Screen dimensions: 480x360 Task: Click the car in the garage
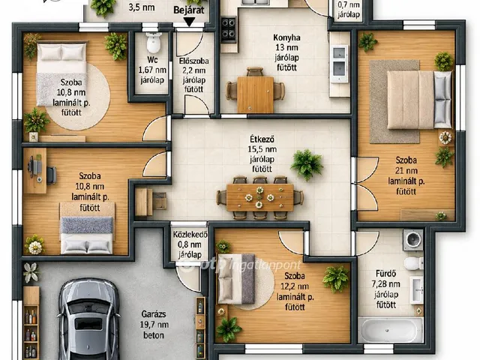click(88, 320)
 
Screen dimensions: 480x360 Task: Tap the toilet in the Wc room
click(154, 43)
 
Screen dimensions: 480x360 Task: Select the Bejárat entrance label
click(188, 10)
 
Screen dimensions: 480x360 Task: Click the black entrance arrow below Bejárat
click(190, 22)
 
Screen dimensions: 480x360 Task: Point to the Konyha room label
click(286, 37)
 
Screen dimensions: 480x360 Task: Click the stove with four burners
click(229, 30)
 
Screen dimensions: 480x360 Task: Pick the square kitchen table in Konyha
click(255, 94)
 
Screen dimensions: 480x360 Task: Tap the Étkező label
click(262, 139)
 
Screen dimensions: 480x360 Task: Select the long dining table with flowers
click(260, 197)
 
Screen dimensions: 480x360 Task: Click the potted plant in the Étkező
click(307, 164)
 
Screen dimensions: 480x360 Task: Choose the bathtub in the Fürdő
click(391, 330)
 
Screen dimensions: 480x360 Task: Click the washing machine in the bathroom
click(413, 239)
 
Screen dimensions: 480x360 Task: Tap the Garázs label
click(154, 314)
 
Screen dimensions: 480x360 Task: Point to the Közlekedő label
click(190, 235)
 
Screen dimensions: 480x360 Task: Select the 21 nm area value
click(406, 170)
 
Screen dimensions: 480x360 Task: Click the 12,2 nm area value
click(295, 286)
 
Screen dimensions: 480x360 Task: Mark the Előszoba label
click(193, 61)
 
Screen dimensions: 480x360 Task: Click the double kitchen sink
click(339, 64)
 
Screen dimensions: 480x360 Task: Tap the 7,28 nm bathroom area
click(385, 283)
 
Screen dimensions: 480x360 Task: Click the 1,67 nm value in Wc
click(152, 70)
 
